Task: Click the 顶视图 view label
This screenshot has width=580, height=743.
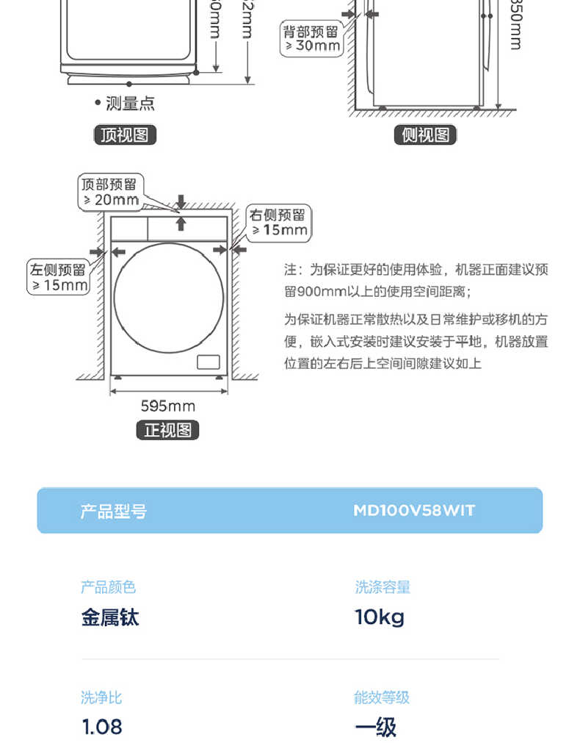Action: pyautogui.click(x=125, y=135)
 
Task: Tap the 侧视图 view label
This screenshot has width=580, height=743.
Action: pyautogui.click(x=425, y=135)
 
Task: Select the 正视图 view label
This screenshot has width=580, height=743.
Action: pyautogui.click(x=167, y=431)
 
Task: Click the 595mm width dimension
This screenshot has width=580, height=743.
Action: pyautogui.click(x=168, y=406)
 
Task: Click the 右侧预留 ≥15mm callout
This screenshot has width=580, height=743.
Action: pyautogui.click(x=278, y=223)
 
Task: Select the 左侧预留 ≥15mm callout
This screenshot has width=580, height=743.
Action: pyautogui.click(x=58, y=278)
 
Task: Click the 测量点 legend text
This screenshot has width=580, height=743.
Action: pyautogui.click(x=129, y=104)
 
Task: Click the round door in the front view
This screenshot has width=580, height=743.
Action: pyautogui.click(x=169, y=297)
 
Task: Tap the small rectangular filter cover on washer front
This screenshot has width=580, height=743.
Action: pyautogui.click(x=209, y=362)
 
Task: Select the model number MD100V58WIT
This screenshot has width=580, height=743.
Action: pyautogui.click(x=414, y=510)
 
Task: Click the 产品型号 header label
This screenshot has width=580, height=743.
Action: pyautogui.click(x=113, y=511)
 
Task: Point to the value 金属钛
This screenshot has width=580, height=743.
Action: pyautogui.click(x=109, y=617)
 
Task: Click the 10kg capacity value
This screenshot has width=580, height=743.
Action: pyautogui.click(x=380, y=617)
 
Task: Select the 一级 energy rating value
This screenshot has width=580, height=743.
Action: pyautogui.click(x=375, y=727)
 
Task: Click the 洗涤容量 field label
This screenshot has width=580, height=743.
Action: pyautogui.click(x=383, y=587)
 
